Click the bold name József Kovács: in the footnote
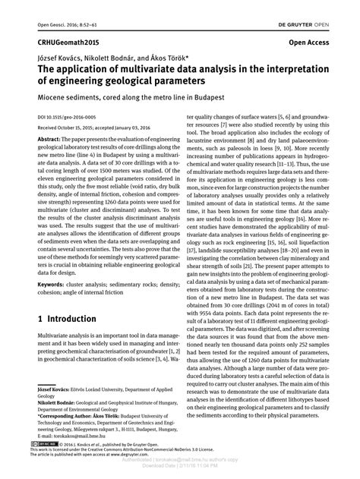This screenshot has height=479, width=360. coord(56,389)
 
